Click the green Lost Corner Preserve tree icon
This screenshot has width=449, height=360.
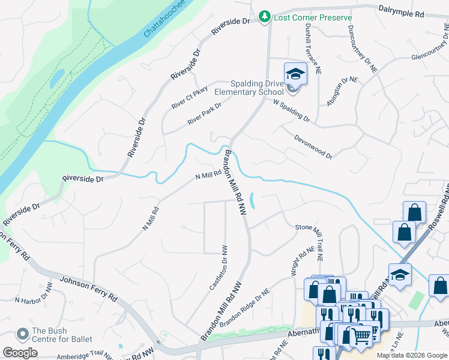(x=264, y=17)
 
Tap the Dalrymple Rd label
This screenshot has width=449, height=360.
(x=401, y=10)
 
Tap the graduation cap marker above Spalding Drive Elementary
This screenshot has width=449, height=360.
(x=295, y=74)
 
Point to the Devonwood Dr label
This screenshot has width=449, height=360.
(x=313, y=146)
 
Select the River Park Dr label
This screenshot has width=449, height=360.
(x=204, y=113)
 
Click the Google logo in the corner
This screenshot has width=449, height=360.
(x=20, y=353)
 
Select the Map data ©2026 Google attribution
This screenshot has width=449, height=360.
(x=411, y=355)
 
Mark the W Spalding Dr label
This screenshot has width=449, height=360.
(x=291, y=111)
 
